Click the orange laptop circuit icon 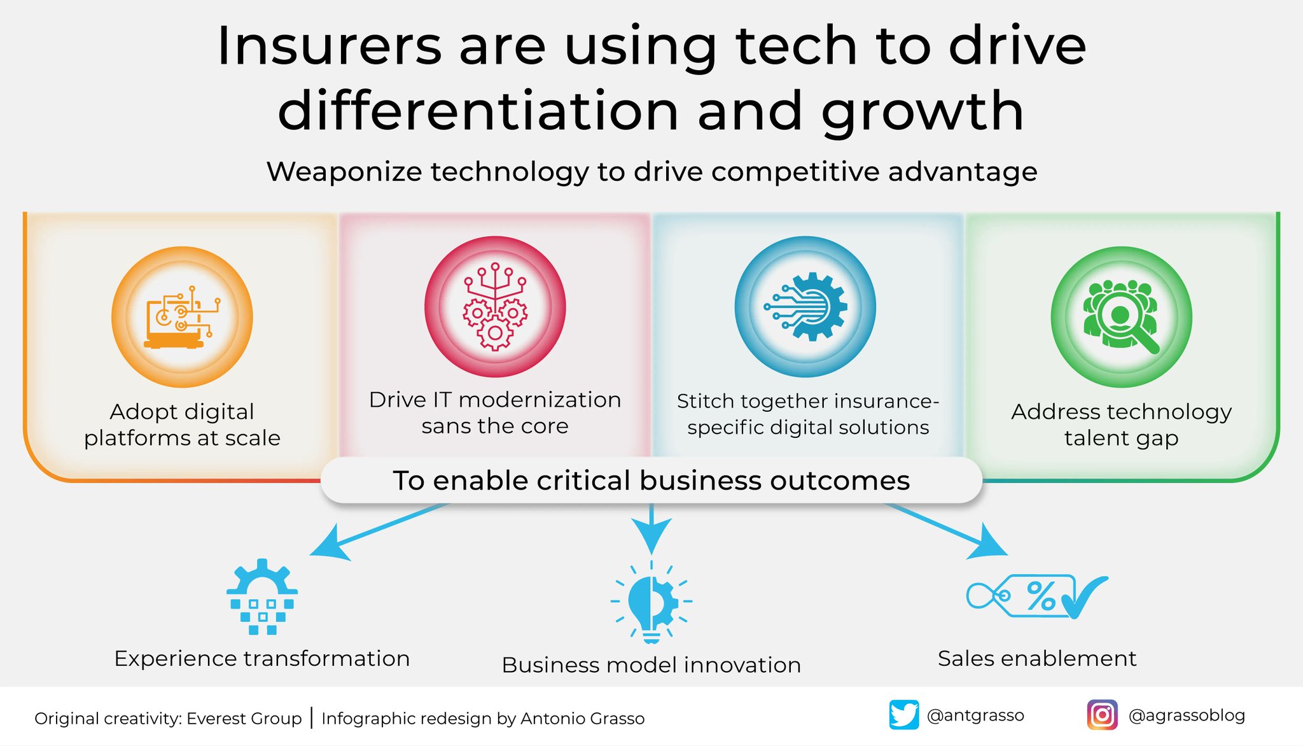pos(182,317)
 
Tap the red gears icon pos(495,307)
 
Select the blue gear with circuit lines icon pos(805,307)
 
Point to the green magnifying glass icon pos(1121,317)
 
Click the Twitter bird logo pos(903,715)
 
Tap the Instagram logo pos(1102,715)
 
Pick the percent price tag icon pos(1037,597)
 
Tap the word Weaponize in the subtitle pos(344,172)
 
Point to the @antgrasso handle pos(975,715)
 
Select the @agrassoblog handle pos(1187,715)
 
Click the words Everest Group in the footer pos(244,719)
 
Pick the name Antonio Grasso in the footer pos(582,719)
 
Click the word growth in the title pos(923,112)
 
